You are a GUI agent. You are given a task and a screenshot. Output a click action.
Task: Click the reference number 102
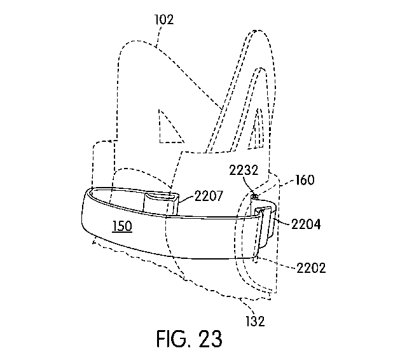[164, 20]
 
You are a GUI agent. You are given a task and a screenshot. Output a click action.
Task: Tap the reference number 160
[305, 179]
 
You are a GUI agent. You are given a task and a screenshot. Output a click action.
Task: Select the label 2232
[244, 170]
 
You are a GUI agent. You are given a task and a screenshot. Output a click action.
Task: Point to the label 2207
[209, 196]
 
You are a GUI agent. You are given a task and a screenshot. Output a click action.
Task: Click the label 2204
[306, 224]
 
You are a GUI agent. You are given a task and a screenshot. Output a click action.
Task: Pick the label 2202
[311, 268]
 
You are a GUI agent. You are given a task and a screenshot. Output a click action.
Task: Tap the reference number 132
[256, 321]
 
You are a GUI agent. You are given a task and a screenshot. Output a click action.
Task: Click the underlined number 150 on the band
[122, 226]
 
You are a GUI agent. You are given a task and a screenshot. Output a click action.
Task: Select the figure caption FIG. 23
[190, 339]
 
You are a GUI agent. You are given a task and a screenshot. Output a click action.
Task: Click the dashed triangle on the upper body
[169, 130]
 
